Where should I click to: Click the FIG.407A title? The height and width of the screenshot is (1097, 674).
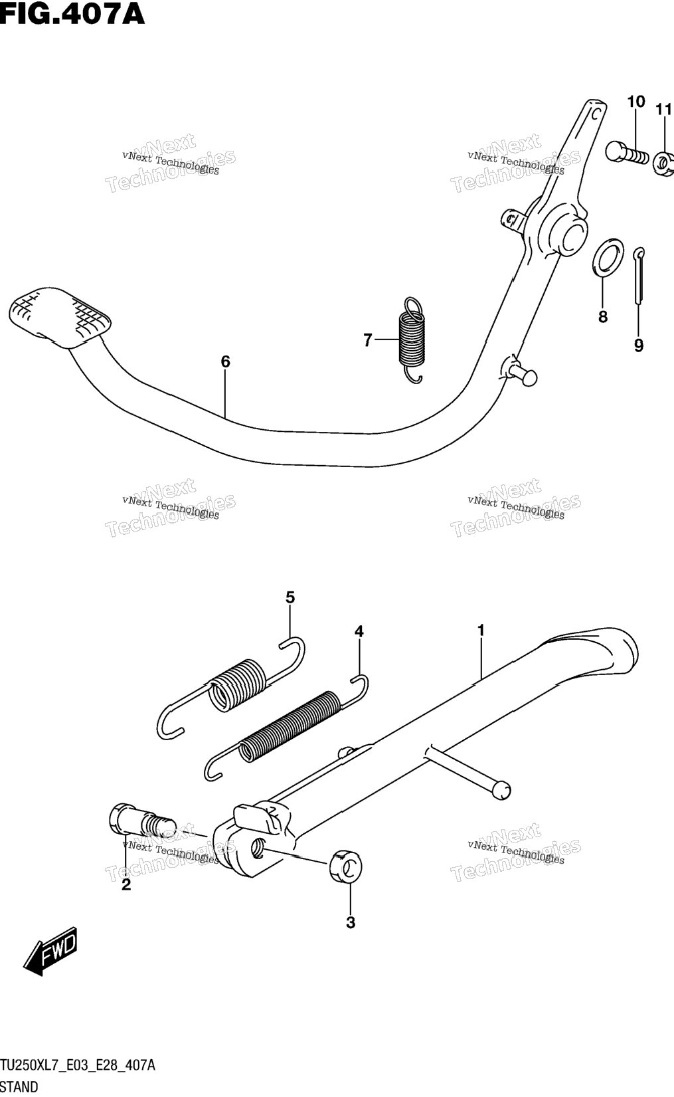(72, 14)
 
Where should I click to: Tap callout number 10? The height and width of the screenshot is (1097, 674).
(636, 102)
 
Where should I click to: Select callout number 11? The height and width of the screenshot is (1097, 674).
(663, 110)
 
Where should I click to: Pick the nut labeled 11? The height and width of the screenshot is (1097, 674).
(664, 163)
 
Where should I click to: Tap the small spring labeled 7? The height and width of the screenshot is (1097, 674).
(412, 340)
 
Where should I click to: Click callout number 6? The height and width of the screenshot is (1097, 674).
(225, 362)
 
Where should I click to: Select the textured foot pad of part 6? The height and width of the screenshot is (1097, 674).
(60, 318)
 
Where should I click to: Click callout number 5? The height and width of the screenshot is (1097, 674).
(290, 597)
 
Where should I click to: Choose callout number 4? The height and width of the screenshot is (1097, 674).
(359, 631)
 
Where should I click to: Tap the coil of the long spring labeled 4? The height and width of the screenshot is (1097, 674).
(289, 727)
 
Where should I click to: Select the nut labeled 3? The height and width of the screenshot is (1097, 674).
(346, 867)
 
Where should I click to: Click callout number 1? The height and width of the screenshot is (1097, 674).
(481, 630)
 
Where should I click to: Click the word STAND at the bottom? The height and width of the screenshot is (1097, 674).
(19, 1087)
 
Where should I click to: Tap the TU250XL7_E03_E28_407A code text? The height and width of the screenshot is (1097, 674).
(77, 1065)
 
